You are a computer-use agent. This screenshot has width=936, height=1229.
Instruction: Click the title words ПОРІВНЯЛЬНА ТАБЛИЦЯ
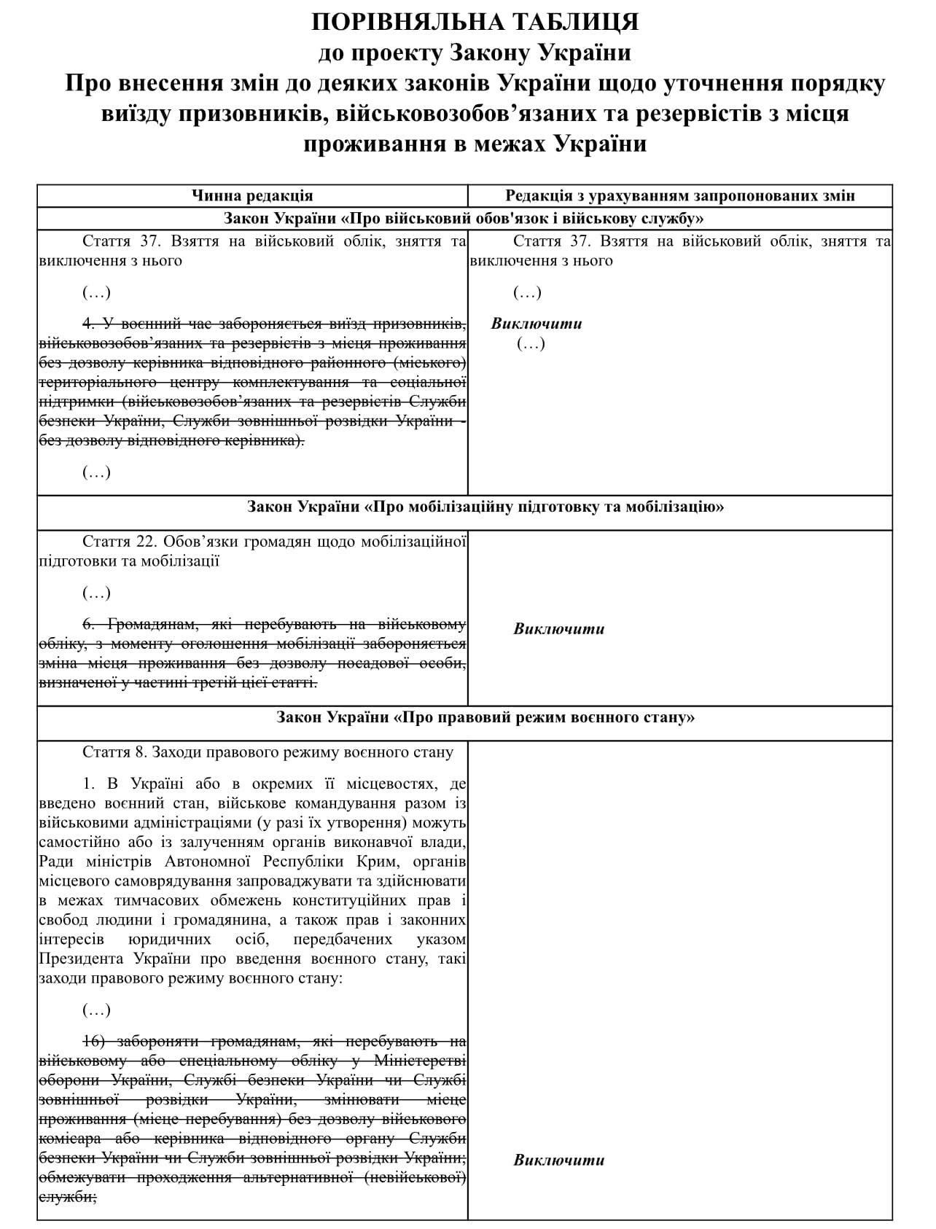coord(475,23)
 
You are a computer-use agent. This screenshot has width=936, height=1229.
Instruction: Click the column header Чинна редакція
coord(252,195)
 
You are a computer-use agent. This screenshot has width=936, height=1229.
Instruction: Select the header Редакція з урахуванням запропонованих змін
coord(680,195)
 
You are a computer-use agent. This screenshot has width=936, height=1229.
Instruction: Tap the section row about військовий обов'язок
coord(464,219)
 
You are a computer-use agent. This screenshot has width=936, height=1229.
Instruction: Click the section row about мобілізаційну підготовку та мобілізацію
coord(485,507)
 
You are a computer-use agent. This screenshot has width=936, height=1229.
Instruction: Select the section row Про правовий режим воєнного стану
coord(485,717)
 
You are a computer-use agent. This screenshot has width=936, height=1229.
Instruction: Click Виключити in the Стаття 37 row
coord(537,324)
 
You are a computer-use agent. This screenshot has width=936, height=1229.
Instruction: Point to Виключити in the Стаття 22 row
coord(559,628)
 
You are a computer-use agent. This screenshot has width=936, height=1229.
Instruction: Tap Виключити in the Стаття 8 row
coord(559,1160)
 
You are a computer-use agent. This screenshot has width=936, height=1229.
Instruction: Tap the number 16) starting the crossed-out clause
coord(96,1041)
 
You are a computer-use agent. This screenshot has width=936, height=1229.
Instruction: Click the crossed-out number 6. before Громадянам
coord(89,624)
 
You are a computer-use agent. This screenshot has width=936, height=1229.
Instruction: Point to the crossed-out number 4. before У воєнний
coord(89,324)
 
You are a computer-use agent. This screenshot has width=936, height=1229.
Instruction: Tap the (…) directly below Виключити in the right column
coord(531,343)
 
